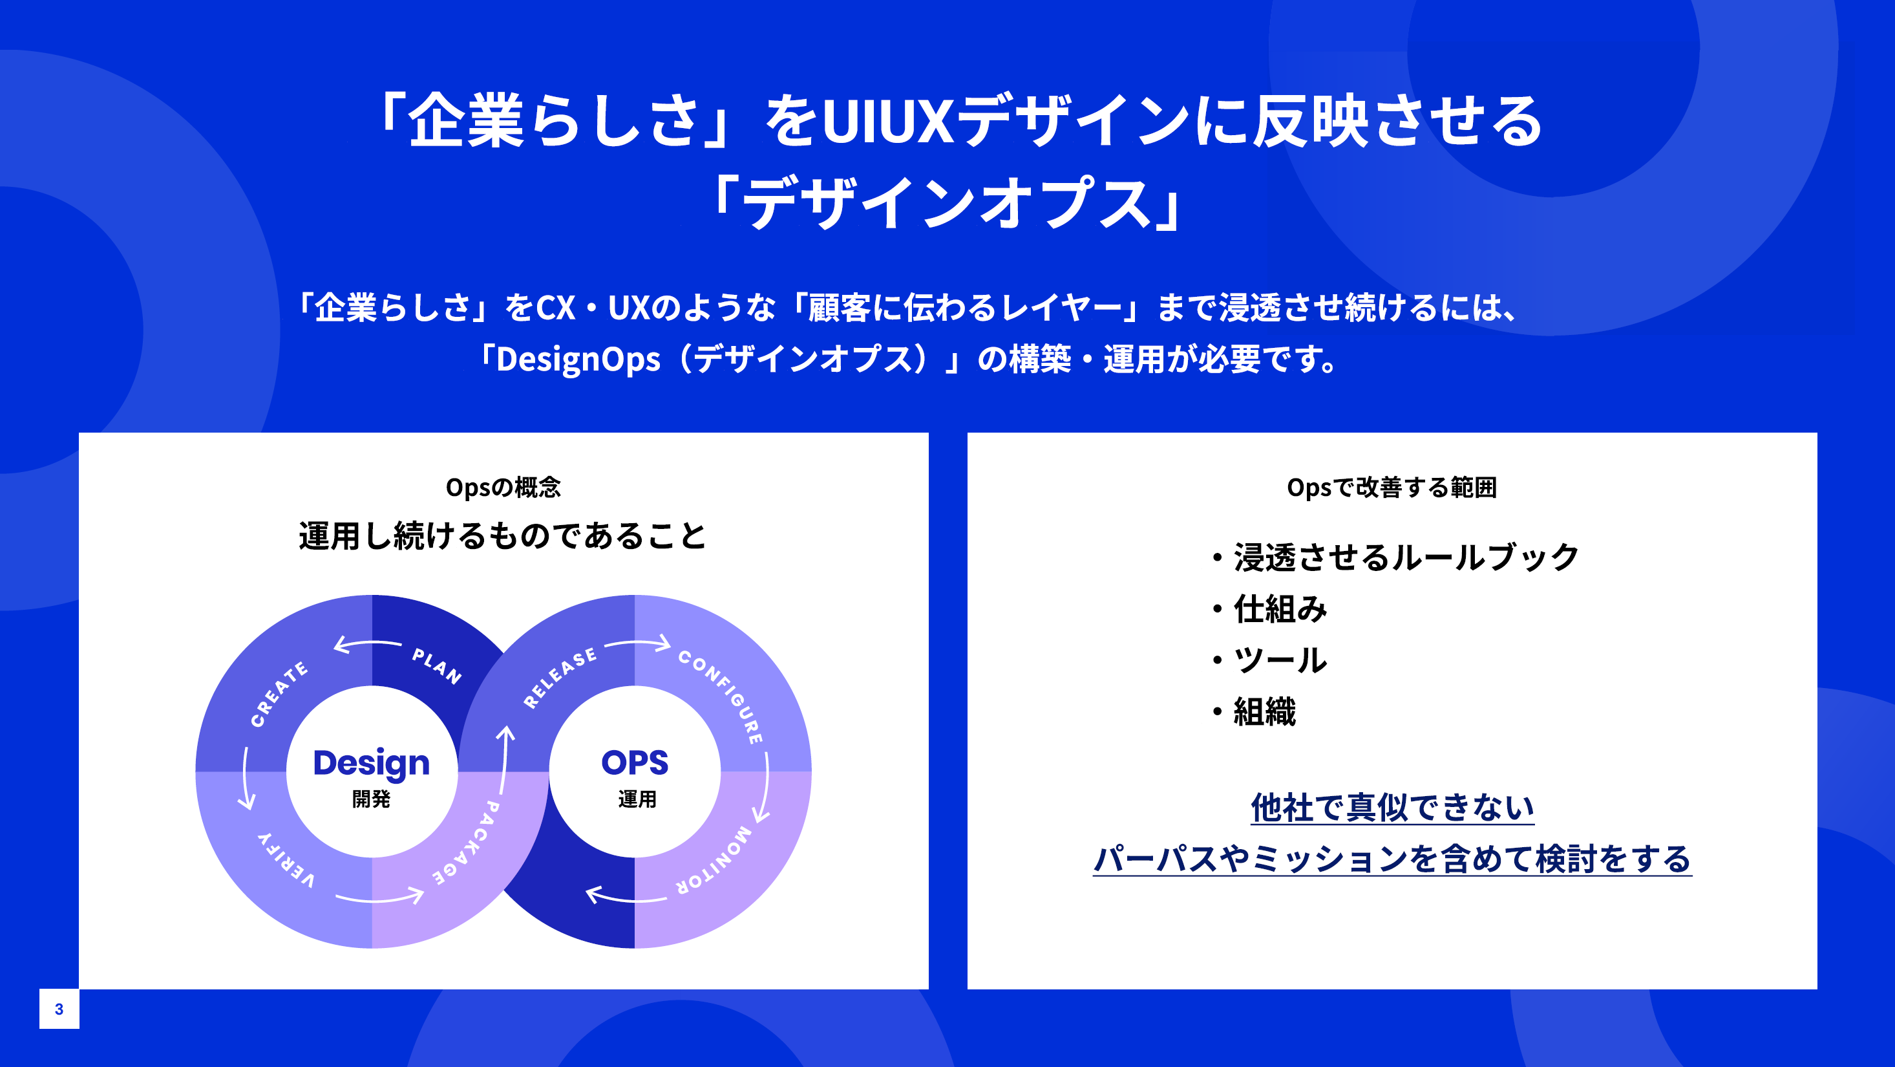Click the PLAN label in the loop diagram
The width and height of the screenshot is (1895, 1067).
437,666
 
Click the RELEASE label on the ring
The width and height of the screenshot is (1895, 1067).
560,678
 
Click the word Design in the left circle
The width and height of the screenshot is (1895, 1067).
372,763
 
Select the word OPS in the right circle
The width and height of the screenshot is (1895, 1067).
635,763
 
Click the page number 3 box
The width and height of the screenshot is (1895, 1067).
59,1009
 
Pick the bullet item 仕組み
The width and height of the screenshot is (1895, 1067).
1280,609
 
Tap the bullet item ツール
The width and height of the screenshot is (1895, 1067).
1280,660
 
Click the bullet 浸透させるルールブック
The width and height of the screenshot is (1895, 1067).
1406,557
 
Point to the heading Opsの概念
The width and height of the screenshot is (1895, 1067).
503,487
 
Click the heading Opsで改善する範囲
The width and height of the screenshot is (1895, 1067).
1392,487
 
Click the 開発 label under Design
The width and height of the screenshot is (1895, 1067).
372,799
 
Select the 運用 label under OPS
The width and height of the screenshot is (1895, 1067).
637,799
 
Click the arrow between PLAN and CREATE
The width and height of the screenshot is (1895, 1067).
367,645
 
